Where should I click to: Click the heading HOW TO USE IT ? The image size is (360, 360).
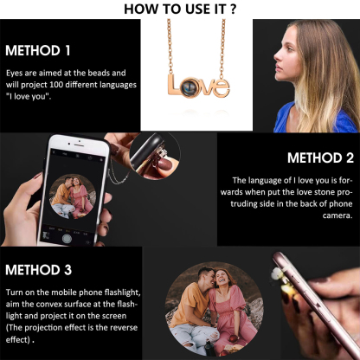(181, 10)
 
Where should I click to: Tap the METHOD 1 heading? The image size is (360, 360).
(38, 50)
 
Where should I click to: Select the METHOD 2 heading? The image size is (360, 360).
(320, 157)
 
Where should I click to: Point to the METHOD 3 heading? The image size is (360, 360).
(38, 270)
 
